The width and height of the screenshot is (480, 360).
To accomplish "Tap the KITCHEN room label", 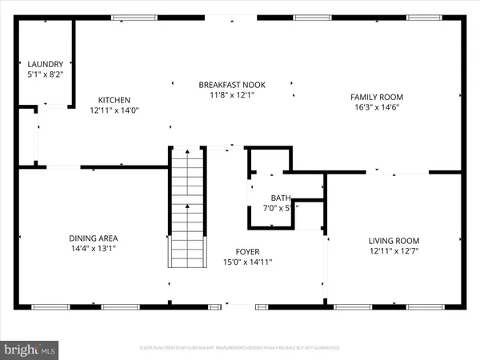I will (x=114, y=101).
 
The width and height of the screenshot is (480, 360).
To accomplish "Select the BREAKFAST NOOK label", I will (x=232, y=85).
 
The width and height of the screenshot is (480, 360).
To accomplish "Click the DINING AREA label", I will (x=94, y=238).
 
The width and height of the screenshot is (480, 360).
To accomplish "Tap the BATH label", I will (x=281, y=198).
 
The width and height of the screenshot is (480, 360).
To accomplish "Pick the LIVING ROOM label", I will (x=394, y=241).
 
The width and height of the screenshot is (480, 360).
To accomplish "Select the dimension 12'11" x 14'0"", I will (x=114, y=111).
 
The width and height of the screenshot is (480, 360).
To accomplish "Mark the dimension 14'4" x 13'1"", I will (x=94, y=248).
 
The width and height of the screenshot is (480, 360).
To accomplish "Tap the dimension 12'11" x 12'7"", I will (x=394, y=251).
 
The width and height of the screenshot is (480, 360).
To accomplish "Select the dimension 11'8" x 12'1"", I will (x=232, y=95).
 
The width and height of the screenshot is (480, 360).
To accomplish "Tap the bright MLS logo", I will (x=30, y=350).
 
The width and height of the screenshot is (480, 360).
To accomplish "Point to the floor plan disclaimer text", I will (x=240, y=348).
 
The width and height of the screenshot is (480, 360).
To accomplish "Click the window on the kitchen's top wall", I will (x=134, y=18).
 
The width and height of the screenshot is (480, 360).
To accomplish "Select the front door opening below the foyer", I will (x=238, y=305).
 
